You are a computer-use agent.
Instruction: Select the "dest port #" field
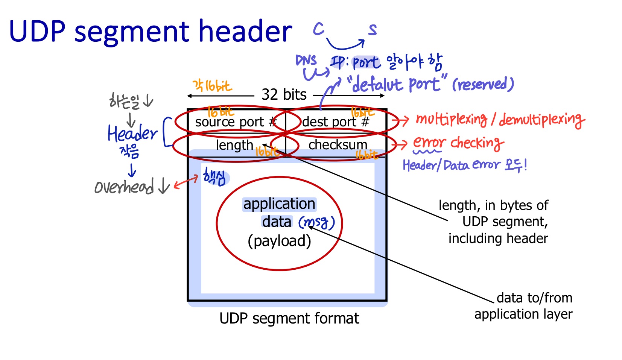(x=335, y=122)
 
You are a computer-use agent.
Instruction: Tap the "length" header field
(x=234, y=145)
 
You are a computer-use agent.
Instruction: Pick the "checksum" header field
(x=338, y=145)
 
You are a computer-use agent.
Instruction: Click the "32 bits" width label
(x=284, y=94)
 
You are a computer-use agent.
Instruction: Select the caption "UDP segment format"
(x=289, y=319)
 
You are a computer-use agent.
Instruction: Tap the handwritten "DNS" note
(x=306, y=61)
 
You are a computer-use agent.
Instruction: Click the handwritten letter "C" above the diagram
(x=318, y=29)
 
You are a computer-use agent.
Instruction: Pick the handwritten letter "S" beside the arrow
(x=372, y=29)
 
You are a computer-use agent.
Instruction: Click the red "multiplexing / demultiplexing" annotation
(x=500, y=120)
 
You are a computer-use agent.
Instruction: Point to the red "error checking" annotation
(x=458, y=143)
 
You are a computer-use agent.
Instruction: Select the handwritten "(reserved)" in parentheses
(x=483, y=84)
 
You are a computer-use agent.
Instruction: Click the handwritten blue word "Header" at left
(x=132, y=133)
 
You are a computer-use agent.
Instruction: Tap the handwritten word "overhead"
(x=124, y=186)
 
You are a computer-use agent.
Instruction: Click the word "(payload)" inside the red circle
(x=279, y=241)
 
